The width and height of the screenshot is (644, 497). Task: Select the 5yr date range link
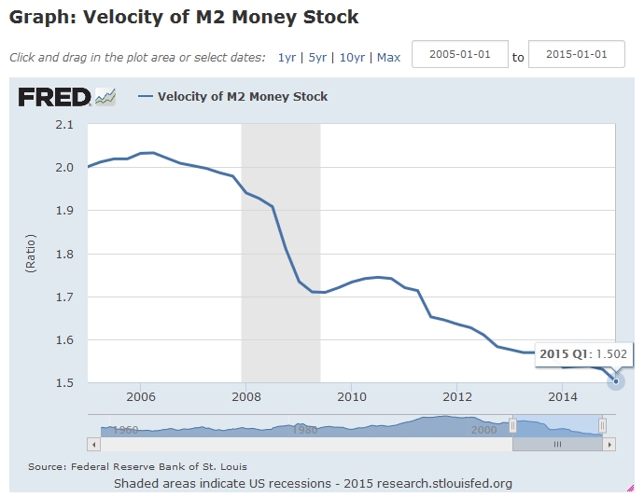317,57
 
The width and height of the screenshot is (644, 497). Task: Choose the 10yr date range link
352,57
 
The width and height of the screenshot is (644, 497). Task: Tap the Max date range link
388,57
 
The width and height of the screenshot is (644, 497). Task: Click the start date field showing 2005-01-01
459,54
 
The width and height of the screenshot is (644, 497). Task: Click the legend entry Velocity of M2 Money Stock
242,96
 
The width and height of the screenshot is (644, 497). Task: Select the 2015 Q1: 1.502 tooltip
582,353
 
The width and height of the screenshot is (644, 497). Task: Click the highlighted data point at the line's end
616,381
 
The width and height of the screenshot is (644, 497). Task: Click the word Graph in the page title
41,18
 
